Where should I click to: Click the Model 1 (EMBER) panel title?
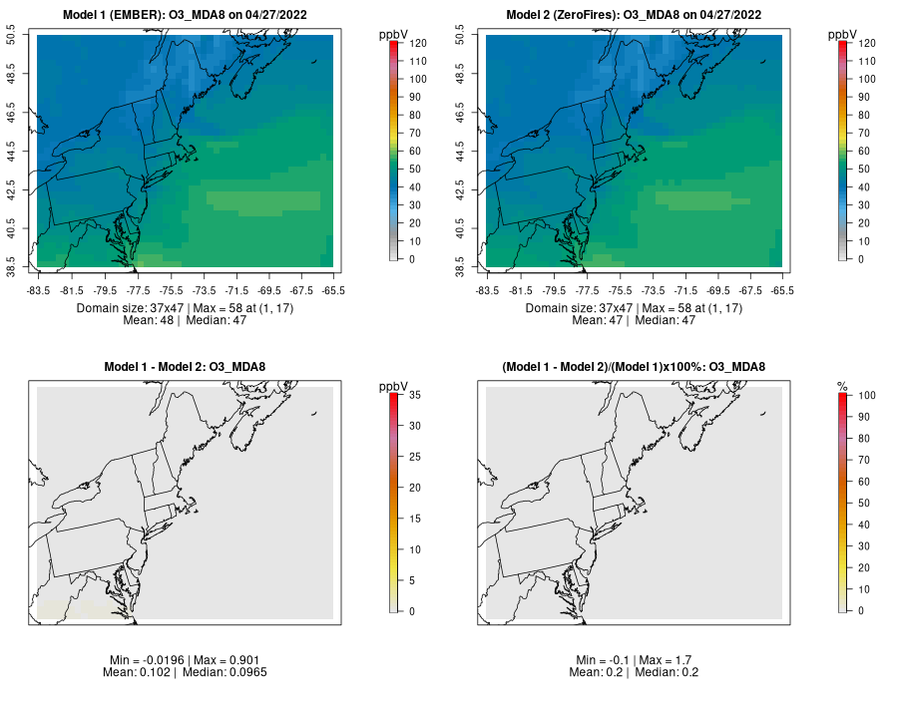point(186,15)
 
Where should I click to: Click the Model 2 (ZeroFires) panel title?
point(635,15)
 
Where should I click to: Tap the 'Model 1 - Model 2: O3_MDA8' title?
point(186,367)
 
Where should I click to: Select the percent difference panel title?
point(635,367)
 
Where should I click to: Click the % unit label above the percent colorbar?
point(842,386)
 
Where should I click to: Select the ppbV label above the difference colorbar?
point(393,386)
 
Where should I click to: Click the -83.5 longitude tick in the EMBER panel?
point(38,290)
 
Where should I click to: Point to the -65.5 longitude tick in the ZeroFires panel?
point(782,290)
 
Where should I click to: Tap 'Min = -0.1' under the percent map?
point(601,660)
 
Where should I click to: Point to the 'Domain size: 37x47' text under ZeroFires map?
point(579,308)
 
